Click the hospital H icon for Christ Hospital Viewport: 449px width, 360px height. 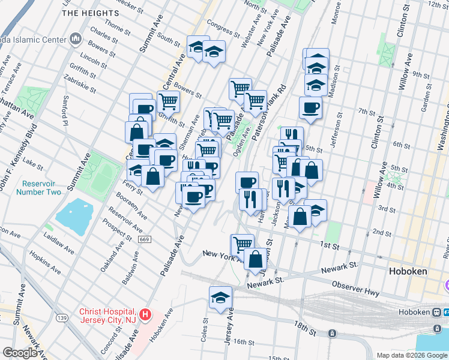click(145, 314)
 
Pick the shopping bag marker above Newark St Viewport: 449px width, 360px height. click(256, 259)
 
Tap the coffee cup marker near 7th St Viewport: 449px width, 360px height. click(310, 107)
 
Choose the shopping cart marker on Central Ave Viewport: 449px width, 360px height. click(169, 101)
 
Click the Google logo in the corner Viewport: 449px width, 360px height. click(19, 353)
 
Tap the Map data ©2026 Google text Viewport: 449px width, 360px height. click(412, 355)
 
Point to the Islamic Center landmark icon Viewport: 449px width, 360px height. click(76, 40)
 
